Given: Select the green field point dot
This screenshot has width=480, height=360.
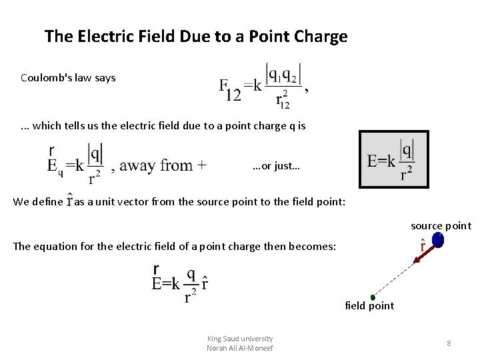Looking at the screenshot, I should [373, 297].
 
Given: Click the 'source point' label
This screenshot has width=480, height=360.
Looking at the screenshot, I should [441, 226].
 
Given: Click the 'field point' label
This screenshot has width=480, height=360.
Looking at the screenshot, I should [369, 306].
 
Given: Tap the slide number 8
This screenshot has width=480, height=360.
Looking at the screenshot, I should [449, 343].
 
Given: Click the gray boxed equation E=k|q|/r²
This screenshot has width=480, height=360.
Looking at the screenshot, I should [393, 159].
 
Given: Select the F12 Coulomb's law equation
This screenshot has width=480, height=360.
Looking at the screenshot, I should [263, 85].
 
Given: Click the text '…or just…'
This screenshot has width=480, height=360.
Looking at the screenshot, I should [277, 166].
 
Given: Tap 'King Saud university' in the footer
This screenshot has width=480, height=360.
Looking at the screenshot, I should [240, 339].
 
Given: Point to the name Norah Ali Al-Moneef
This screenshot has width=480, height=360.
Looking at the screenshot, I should [240, 348].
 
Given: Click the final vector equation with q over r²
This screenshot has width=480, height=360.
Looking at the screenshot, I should [179, 284].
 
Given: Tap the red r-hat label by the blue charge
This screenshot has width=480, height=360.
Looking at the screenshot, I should [422, 246].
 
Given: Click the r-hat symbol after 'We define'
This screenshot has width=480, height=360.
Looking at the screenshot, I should [69, 201].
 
